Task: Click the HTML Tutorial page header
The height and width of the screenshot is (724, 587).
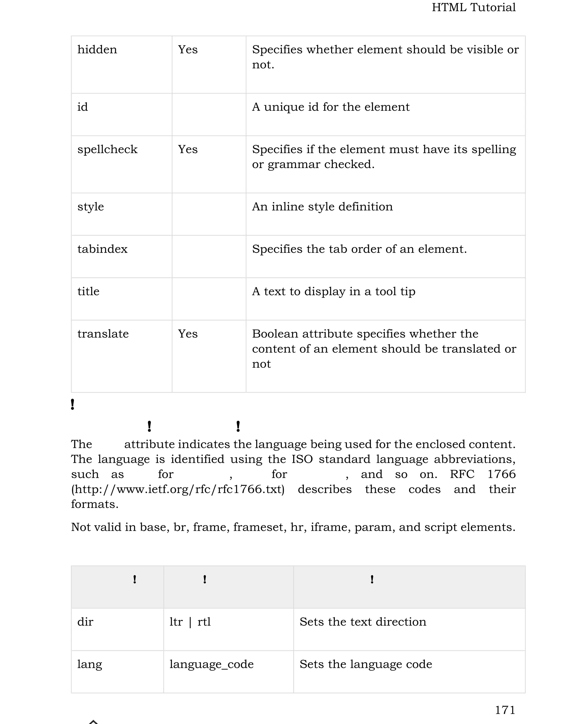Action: (x=473, y=7)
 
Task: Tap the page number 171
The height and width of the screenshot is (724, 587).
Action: (x=505, y=710)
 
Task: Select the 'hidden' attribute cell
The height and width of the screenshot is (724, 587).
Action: (x=97, y=50)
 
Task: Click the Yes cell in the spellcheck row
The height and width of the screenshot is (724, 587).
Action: (x=188, y=150)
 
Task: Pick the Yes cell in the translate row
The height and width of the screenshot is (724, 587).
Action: (x=188, y=334)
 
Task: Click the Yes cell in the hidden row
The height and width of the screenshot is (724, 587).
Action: (x=188, y=50)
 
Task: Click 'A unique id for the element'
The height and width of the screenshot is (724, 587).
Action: (x=330, y=107)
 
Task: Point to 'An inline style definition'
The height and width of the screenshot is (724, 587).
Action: (x=322, y=207)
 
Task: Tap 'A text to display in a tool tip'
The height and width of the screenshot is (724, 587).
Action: (x=333, y=292)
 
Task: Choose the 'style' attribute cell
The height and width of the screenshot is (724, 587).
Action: (x=90, y=207)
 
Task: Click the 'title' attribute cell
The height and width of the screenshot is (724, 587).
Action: (x=88, y=292)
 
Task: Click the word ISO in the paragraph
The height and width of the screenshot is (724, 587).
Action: (x=302, y=459)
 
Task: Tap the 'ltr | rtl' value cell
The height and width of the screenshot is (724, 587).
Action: (x=190, y=622)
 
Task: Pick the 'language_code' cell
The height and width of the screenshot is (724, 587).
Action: (x=211, y=664)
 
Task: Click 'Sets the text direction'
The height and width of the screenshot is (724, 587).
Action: (x=363, y=622)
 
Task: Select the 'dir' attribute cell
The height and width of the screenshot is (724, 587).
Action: (x=85, y=622)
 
